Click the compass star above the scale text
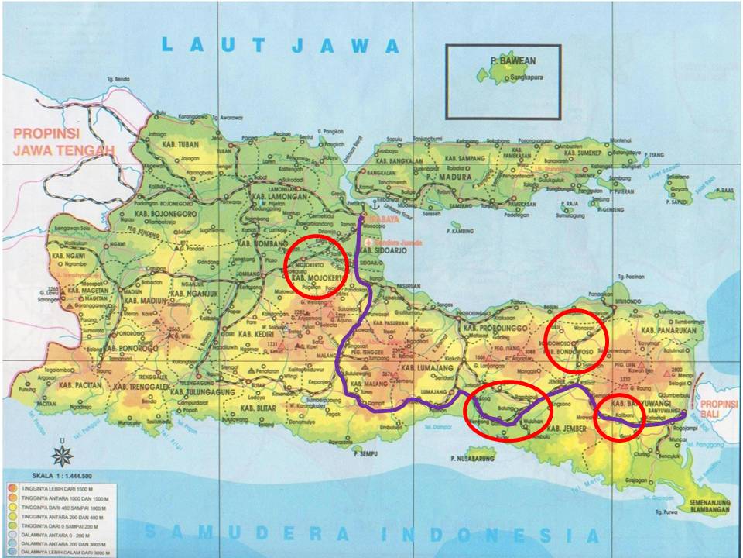coord(61,454)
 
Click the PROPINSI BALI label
coord(721,412)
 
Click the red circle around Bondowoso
coord(576,340)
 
